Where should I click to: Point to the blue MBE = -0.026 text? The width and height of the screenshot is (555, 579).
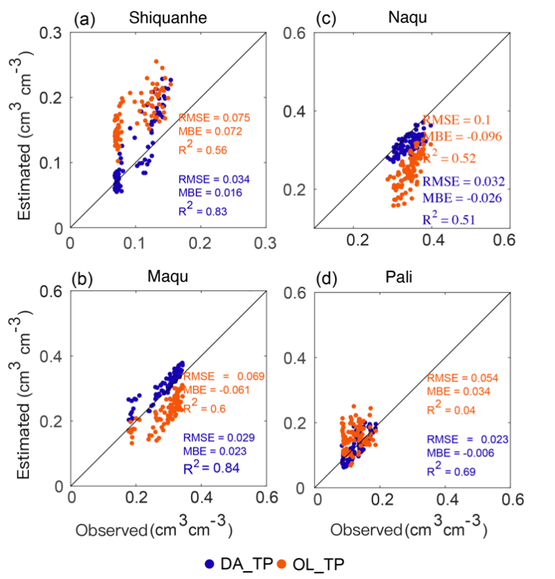[x=461, y=197]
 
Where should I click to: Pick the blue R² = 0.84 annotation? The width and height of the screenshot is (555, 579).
[x=211, y=468]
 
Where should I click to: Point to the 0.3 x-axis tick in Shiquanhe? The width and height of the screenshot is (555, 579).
[x=267, y=242]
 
